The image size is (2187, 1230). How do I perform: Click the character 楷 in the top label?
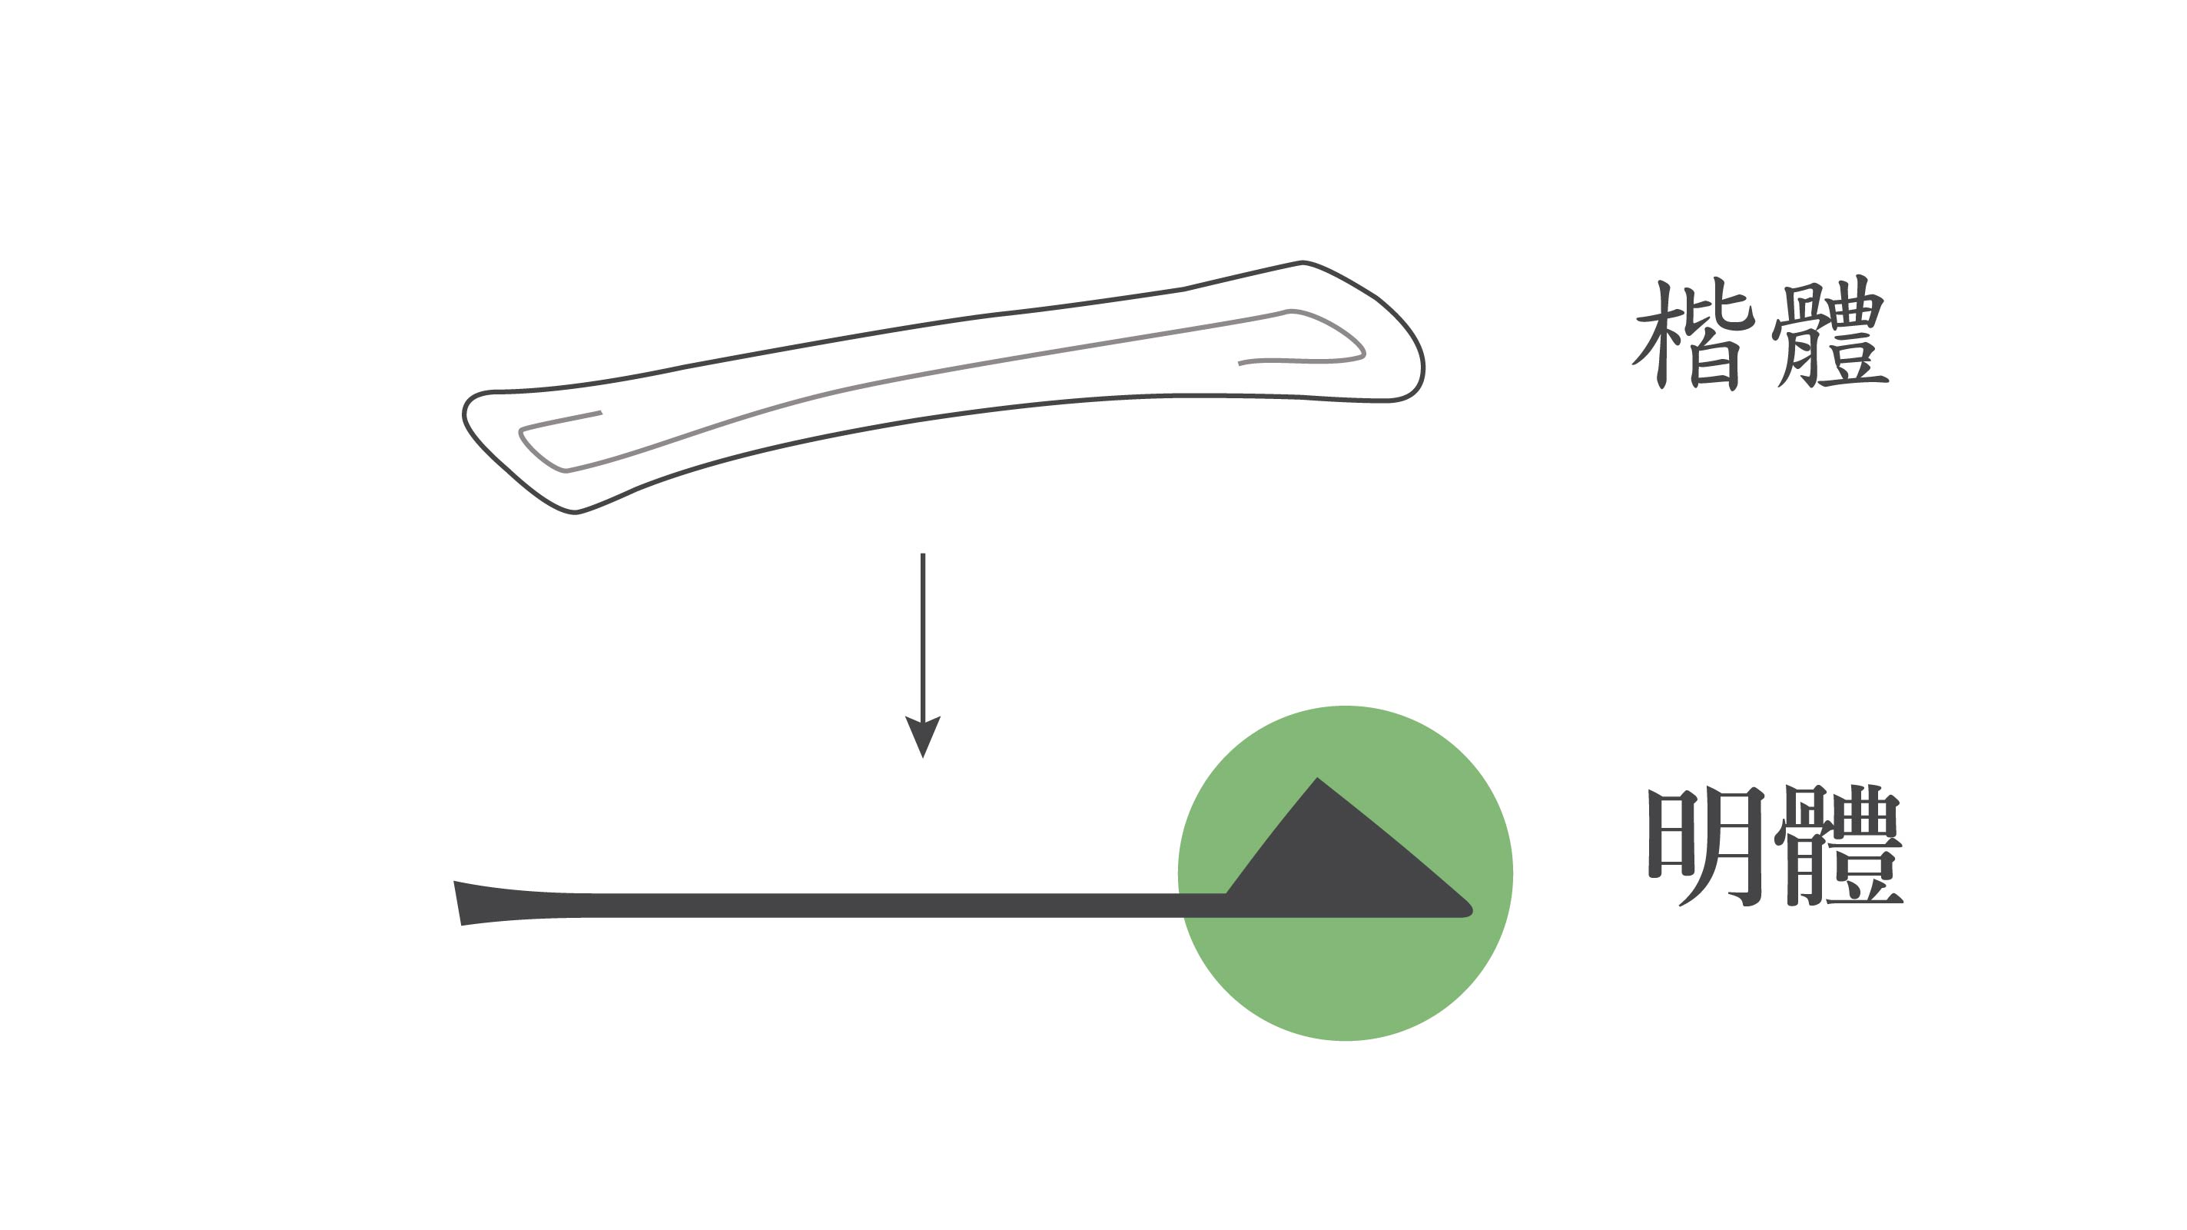pyautogui.click(x=1693, y=334)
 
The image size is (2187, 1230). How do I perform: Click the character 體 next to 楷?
pyautogui.click(x=1830, y=331)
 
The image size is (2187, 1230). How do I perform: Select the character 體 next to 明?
pyautogui.click(x=1838, y=844)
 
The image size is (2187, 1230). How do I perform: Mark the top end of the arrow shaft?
pyautogui.click(x=923, y=555)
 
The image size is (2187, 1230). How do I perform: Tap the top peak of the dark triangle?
pyautogui.click(x=1317, y=778)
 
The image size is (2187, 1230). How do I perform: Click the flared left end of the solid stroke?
pyautogui.click(x=476, y=903)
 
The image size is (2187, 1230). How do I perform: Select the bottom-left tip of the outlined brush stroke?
pyautogui.click(x=575, y=511)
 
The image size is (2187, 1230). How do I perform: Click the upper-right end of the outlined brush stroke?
pyautogui.click(x=1303, y=262)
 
